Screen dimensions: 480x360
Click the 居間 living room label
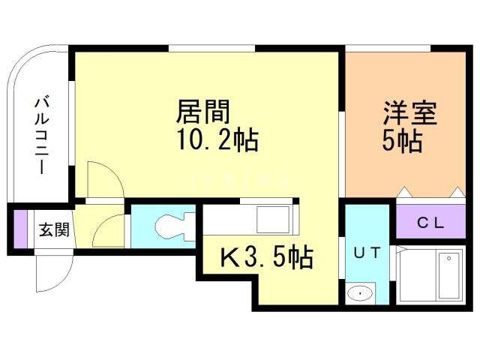(x=203, y=112)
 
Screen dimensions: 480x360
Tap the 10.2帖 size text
(x=218, y=140)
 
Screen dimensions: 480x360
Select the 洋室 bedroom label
(x=410, y=113)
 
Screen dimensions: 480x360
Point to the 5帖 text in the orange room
(x=402, y=142)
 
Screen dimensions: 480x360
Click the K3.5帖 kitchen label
(x=267, y=257)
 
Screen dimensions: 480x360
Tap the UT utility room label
(x=367, y=253)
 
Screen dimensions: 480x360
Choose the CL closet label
(x=430, y=223)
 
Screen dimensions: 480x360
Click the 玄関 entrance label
(x=54, y=229)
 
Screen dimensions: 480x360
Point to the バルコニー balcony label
(x=42, y=136)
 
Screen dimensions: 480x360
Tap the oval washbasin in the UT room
(x=360, y=293)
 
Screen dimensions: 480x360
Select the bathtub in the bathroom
(x=450, y=275)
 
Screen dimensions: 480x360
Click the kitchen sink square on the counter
(x=273, y=220)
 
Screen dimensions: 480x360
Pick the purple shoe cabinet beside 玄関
(x=21, y=229)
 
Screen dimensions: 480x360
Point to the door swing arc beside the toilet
(x=104, y=225)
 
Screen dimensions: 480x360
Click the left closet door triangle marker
(x=404, y=192)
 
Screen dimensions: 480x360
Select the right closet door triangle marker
(x=458, y=192)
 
